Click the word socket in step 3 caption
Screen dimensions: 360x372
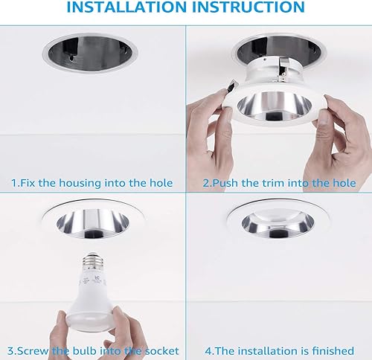(x=161, y=350)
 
